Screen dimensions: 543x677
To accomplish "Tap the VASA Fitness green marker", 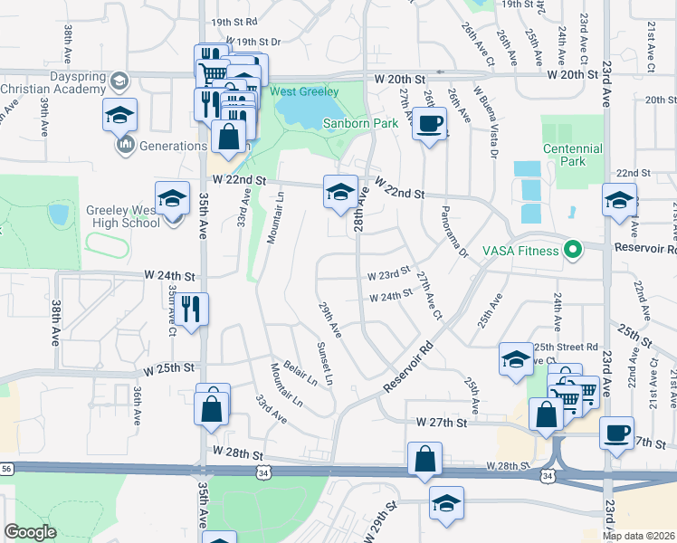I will pos(572,249).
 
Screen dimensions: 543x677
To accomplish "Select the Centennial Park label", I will pos(572,155).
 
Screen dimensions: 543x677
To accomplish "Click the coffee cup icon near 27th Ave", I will pos(429,123).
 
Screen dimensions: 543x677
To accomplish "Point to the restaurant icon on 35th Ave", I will pos(194,310).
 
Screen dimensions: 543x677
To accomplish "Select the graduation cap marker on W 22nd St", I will pos(339,193).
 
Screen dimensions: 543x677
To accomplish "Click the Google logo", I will pos(30,532).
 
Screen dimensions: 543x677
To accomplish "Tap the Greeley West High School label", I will pos(122,216).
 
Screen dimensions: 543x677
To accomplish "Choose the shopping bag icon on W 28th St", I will pos(425,459).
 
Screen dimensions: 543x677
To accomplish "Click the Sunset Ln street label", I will pos(324,361).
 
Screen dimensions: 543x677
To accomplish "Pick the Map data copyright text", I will pos(638,535).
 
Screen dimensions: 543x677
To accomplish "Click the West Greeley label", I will pos(303,91).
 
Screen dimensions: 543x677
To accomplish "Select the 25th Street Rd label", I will pos(566,347).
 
